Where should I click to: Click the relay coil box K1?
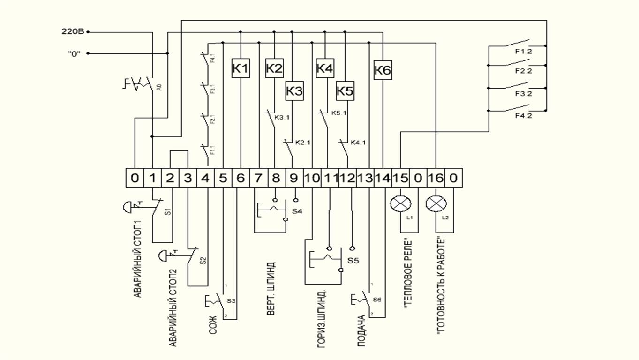click(x=241, y=68)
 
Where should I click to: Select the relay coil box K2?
click(x=274, y=68)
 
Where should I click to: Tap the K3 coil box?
click(x=294, y=91)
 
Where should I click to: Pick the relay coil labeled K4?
click(x=324, y=68)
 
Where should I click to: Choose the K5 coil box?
click(x=345, y=91)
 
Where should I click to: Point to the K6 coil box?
click(x=383, y=71)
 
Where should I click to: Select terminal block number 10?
click(x=312, y=178)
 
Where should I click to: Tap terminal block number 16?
click(x=436, y=178)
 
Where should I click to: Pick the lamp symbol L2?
click(x=436, y=204)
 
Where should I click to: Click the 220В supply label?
click(x=73, y=32)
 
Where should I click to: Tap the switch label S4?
click(x=296, y=211)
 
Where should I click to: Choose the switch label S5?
click(x=352, y=260)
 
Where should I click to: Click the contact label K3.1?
click(x=282, y=117)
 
